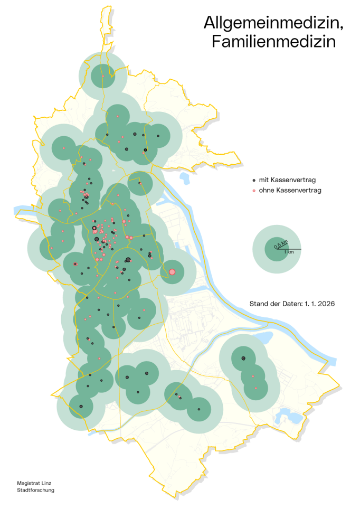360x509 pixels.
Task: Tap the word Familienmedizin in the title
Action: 273,42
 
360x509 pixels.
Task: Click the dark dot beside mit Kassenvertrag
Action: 254,181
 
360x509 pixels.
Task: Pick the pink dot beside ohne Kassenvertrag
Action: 254,190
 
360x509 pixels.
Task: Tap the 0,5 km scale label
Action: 281,243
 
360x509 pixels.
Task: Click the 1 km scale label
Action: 289,252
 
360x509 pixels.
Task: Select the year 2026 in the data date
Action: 327,304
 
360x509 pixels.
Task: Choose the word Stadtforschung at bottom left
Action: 35,490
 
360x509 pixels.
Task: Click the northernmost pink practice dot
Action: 103,76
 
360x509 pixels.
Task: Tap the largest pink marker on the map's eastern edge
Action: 172,272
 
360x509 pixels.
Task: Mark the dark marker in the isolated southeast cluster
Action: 243,359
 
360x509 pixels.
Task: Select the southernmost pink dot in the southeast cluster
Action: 256,388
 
